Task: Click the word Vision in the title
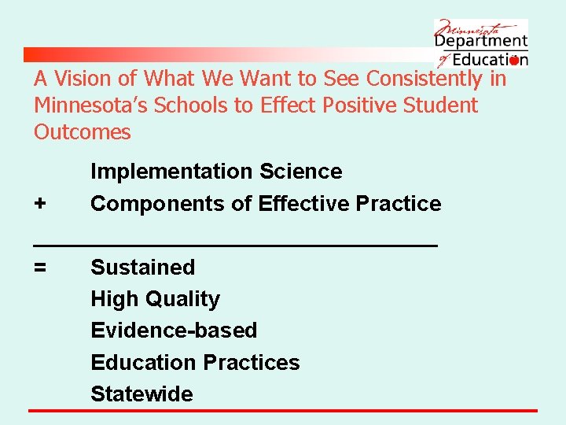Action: tap(83, 79)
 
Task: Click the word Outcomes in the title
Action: tap(83, 131)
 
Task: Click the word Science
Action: tap(301, 172)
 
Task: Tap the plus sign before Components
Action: tap(40, 204)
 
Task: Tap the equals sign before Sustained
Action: tap(40, 268)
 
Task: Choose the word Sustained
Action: tap(143, 268)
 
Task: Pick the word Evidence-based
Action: tap(174, 331)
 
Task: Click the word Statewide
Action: tap(141, 394)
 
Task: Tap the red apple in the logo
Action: tap(515, 61)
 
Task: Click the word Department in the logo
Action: tap(481, 42)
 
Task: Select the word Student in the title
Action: tap(441, 105)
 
